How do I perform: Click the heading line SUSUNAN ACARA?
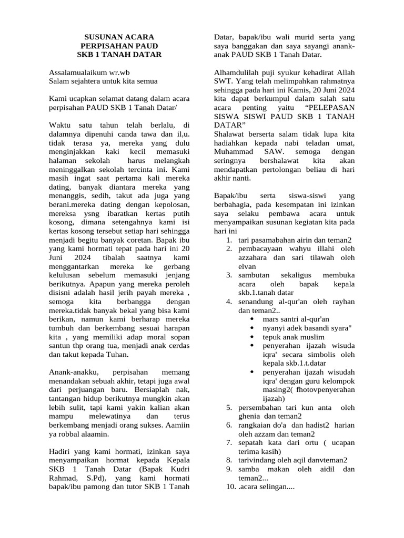(119, 37)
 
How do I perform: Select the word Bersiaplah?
(151, 390)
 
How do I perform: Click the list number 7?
(229, 442)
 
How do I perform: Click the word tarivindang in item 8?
(258, 460)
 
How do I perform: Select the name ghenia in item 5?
(250, 416)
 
